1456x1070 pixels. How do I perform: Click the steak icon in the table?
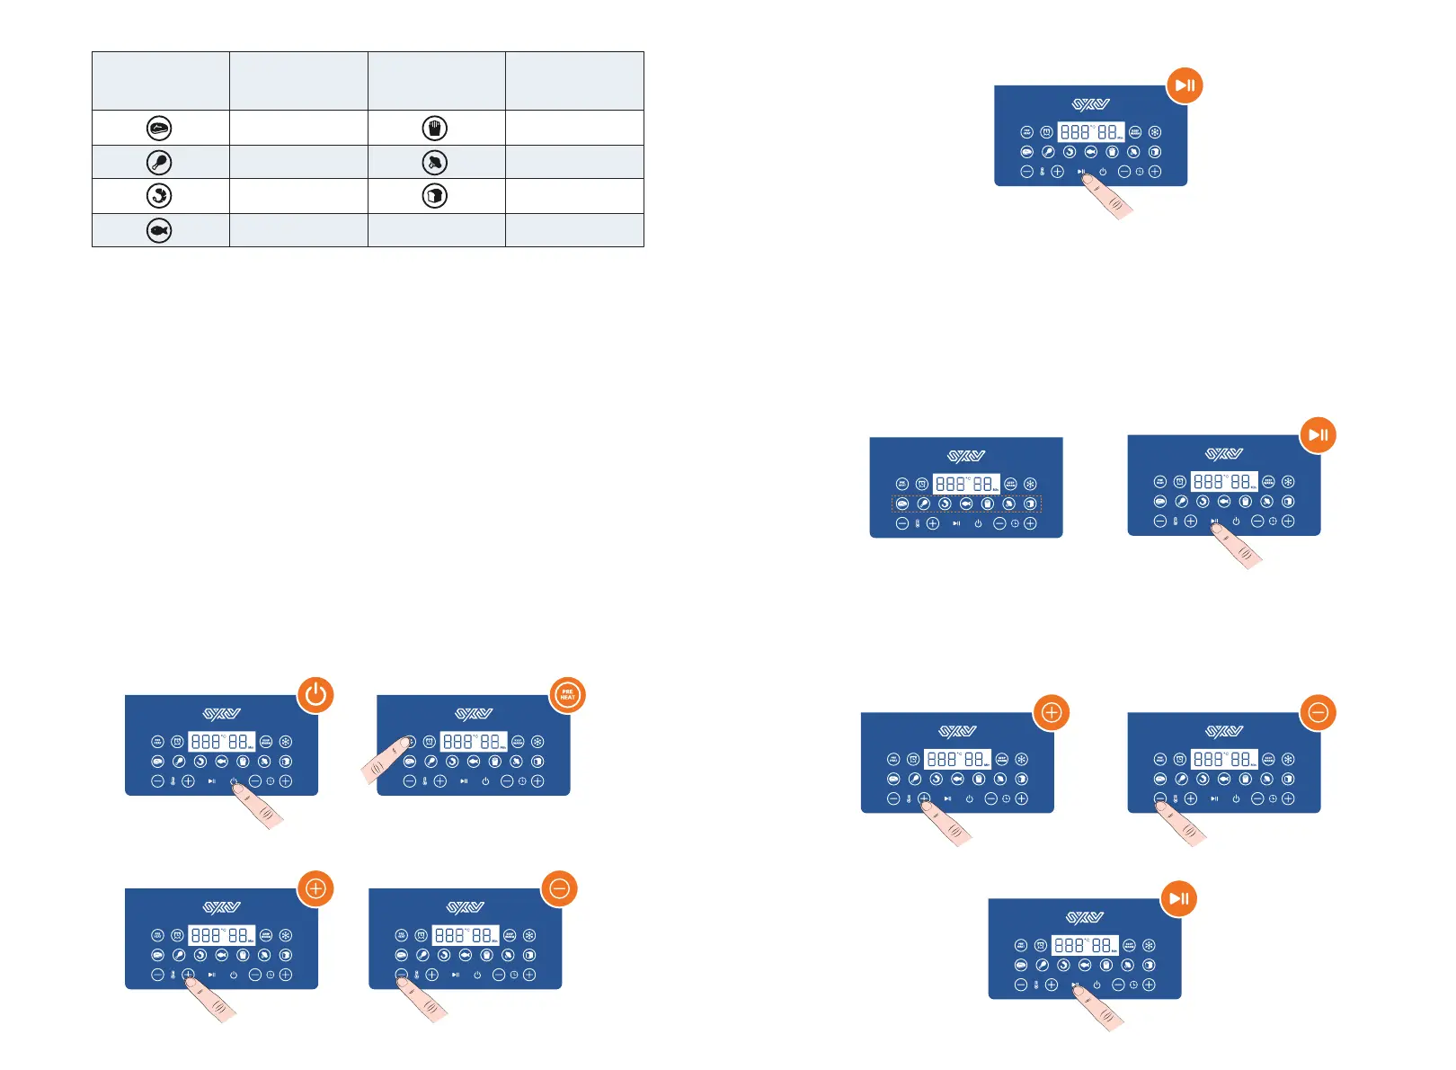point(159,129)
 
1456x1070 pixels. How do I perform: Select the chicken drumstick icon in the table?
point(159,163)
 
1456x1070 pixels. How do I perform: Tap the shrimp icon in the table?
point(159,196)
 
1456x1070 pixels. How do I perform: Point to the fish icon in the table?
point(159,231)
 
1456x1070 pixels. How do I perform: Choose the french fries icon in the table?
point(435,129)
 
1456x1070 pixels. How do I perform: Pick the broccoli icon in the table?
point(435,163)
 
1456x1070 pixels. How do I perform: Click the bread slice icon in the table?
point(435,196)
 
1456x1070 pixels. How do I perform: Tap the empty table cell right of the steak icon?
point(298,129)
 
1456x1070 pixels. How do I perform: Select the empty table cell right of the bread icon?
point(574,196)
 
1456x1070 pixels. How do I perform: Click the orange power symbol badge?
point(315,695)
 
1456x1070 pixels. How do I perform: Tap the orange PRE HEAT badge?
point(568,695)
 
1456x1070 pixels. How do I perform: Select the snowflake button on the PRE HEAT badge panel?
point(537,742)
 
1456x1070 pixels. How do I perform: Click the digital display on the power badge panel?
point(222,742)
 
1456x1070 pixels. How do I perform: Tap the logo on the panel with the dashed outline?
point(966,456)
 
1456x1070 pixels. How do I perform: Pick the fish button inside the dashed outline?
point(966,504)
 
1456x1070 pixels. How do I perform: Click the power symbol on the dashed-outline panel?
point(978,523)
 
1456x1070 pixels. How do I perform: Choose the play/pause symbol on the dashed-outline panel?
point(956,523)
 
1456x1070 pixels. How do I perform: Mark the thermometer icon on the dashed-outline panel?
point(918,523)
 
